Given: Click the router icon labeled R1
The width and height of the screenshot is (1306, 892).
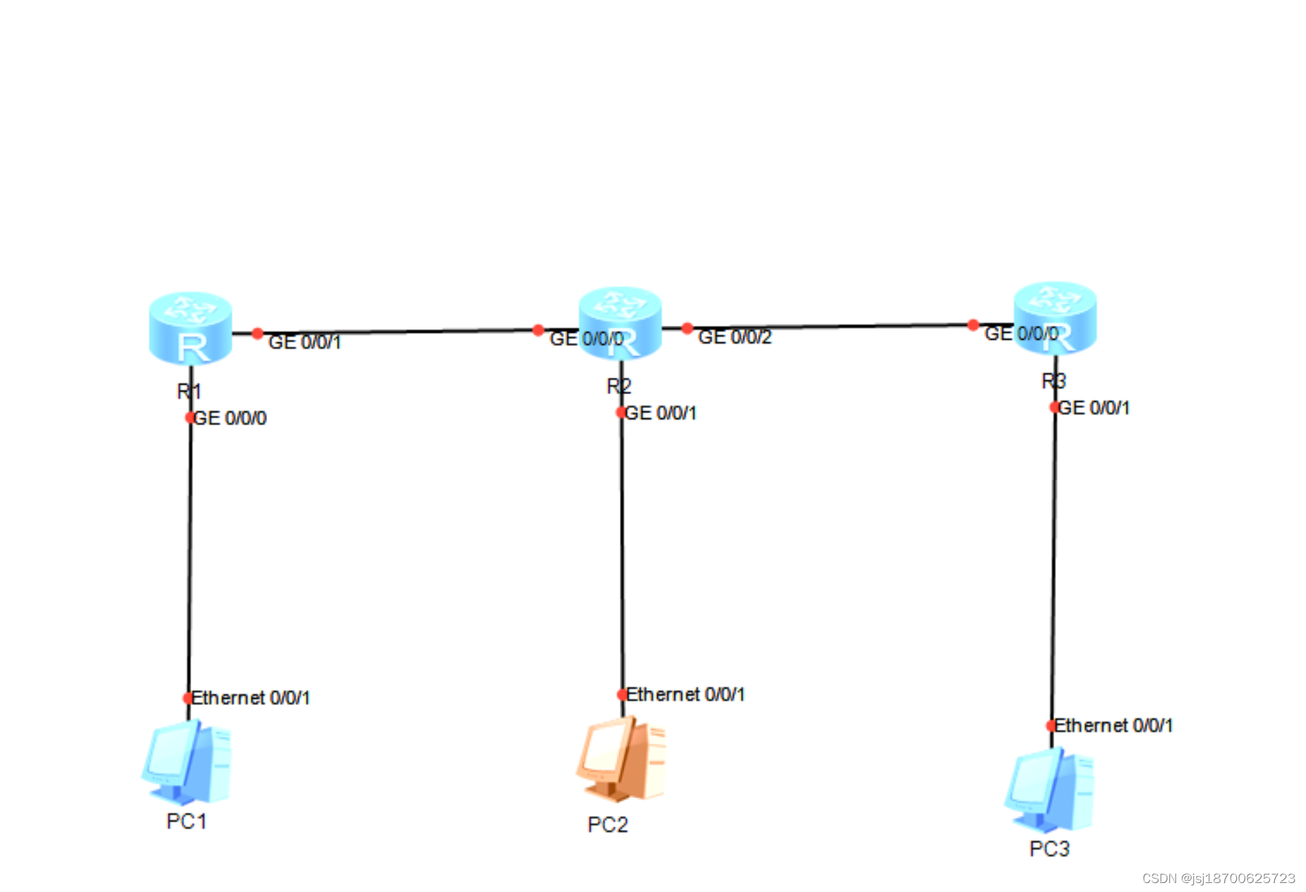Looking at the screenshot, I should (191, 328).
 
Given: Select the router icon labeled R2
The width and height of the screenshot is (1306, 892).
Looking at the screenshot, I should (620, 323).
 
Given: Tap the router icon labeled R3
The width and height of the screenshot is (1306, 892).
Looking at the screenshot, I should (1055, 318).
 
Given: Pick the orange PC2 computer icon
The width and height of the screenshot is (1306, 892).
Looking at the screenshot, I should (621, 759).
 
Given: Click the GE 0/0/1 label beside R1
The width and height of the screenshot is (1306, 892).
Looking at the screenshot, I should (304, 342).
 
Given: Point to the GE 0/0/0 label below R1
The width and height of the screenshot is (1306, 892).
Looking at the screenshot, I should (230, 418).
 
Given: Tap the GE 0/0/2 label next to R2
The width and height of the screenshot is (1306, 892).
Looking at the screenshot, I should (734, 338).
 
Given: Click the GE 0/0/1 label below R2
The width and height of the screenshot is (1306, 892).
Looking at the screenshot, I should (661, 414).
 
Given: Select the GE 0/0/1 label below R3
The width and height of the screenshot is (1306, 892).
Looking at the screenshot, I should (1094, 409).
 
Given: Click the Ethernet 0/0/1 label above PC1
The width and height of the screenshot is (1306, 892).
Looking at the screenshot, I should (251, 698).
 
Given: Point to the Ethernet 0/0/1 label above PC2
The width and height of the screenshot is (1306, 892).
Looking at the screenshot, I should (685, 695).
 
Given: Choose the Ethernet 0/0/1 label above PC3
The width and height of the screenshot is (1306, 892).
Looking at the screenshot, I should (1113, 726).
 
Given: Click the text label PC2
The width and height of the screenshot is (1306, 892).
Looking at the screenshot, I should (607, 825).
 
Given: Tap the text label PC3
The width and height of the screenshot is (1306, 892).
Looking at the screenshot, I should (1049, 849).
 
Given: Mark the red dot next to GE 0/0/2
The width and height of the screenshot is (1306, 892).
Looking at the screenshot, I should (687, 329).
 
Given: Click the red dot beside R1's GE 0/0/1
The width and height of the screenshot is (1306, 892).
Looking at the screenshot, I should (257, 333).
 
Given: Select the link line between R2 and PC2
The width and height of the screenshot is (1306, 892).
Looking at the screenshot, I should (622, 552).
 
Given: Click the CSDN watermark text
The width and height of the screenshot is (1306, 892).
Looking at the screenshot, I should (1218, 878).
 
